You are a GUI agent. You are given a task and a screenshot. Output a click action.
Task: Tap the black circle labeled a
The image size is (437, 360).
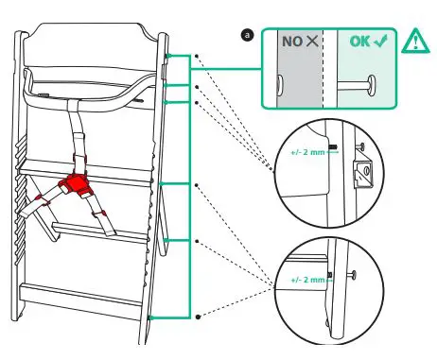click(248, 35)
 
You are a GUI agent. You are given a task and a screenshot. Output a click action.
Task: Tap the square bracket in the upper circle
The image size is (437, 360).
click(361, 172)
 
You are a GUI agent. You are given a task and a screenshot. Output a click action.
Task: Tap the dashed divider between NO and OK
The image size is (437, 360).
click(324, 71)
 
